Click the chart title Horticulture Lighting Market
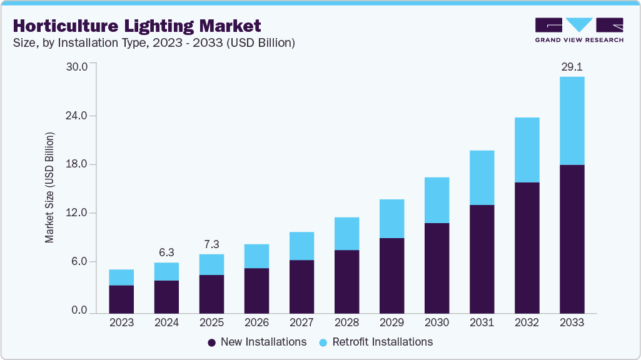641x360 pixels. (137, 26)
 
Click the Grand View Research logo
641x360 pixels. (578, 29)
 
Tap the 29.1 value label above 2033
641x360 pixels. (572, 67)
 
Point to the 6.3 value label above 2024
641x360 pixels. (166, 252)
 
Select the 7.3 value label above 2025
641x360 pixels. (211, 244)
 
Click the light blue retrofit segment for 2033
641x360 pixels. (572, 121)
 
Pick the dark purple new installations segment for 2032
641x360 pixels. (527, 247)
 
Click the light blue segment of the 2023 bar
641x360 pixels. (121, 277)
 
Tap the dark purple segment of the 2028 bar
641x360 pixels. (346, 281)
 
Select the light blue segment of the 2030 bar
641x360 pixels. (437, 200)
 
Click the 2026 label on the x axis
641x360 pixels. (256, 323)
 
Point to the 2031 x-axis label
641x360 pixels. (482, 323)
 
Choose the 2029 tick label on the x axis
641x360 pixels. (391, 323)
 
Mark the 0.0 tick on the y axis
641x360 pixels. (79, 311)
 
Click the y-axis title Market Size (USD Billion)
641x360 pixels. (49, 188)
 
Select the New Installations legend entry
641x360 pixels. (257, 342)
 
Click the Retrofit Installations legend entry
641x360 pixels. (376, 342)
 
